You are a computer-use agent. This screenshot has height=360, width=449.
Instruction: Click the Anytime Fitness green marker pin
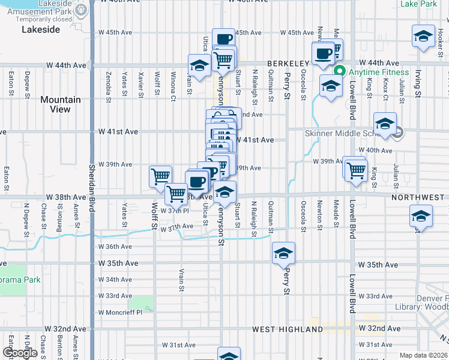[339, 72]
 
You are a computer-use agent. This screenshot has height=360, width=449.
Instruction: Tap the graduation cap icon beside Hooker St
[424, 35]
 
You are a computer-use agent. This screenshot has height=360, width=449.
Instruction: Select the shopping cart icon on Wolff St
[160, 176]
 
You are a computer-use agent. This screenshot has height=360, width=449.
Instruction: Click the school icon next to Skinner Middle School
[385, 124]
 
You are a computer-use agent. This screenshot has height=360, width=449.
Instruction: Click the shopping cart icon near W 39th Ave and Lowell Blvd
[356, 169]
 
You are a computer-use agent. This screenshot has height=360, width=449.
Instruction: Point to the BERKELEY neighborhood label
[288, 63]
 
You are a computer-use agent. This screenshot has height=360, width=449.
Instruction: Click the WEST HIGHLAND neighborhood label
[288, 329]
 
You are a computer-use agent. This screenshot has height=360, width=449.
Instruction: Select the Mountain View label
[61, 104]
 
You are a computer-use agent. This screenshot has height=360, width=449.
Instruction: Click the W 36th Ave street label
[116, 247]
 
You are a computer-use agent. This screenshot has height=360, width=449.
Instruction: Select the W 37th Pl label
[175, 211]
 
